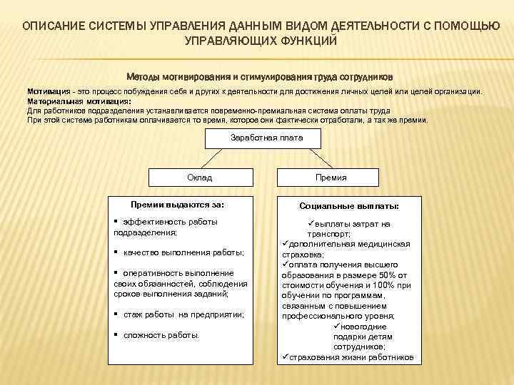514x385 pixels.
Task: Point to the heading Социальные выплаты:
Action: (349, 206)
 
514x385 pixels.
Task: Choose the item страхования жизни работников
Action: (351, 356)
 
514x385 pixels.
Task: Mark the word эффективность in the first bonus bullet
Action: (149, 222)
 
